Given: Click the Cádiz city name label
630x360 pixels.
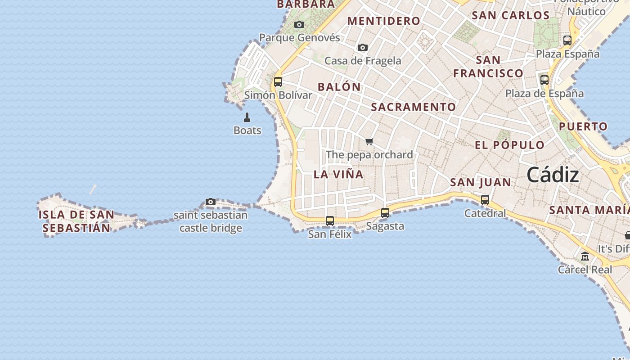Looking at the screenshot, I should (x=553, y=175).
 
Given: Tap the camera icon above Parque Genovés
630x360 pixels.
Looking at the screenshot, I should (x=299, y=25).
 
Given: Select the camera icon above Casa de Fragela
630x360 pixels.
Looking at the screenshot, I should (x=363, y=47).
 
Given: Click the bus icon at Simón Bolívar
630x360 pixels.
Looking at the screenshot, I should (x=278, y=82).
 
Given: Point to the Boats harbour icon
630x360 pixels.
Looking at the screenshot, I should (x=247, y=118).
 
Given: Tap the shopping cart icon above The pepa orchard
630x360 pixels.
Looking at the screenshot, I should (x=369, y=142).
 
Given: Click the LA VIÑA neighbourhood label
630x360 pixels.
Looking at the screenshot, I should (x=338, y=175).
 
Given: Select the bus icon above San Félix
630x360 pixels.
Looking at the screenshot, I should (x=330, y=221).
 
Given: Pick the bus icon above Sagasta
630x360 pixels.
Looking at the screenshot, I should (x=385, y=213).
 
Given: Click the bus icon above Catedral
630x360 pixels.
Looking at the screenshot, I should (x=485, y=200).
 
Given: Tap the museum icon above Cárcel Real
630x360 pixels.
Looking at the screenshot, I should (x=585, y=256).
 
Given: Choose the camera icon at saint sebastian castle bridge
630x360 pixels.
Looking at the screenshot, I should (x=211, y=202).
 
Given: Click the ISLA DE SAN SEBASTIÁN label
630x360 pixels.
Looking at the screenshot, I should (x=76, y=221).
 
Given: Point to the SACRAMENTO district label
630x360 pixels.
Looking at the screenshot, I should (x=414, y=107).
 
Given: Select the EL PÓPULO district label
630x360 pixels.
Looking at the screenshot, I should (x=510, y=145).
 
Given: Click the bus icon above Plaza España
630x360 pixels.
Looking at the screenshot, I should (x=567, y=40).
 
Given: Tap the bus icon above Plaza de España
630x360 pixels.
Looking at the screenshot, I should (x=544, y=80).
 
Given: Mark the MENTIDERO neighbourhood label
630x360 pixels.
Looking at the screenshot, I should (x=384, y=21).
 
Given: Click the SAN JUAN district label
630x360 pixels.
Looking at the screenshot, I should (x=481, y=182).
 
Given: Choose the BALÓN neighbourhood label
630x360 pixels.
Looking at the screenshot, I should (x=339, y=87).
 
